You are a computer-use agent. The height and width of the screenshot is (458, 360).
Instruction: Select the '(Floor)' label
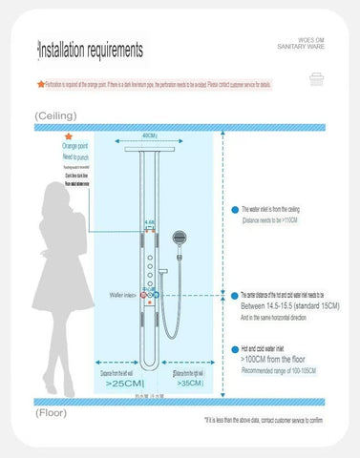click(52, 413)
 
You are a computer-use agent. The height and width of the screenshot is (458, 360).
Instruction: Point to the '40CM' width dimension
click(150, 136)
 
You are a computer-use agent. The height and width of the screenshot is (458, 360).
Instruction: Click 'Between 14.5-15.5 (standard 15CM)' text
click(286, 305)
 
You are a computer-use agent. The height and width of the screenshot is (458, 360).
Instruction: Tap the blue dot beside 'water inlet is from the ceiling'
click(233, 207)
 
